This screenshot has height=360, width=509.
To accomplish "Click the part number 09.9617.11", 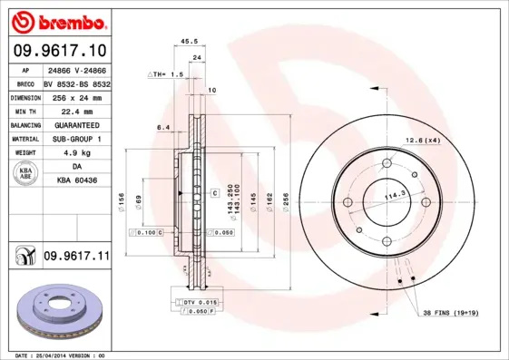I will click(75, 258).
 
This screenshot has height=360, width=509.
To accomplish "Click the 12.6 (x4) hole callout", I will click(422, 140).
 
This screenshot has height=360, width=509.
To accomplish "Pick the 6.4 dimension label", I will click(163, 128).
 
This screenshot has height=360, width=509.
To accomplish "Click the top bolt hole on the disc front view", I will click(385, 164).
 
